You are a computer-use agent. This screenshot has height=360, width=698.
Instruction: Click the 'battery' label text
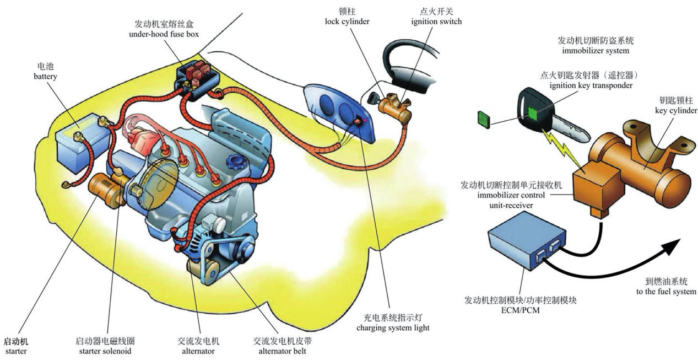coord(45,77)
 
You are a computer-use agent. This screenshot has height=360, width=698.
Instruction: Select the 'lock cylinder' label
coord(347,22)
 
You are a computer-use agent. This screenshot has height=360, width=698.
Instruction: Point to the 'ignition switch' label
coord(436,22)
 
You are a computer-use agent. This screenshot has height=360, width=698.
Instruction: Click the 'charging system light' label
coord(393,327)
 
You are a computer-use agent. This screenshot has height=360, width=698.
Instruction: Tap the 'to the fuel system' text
coord(666,291)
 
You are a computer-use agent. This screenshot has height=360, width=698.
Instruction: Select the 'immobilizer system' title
coord(595,51)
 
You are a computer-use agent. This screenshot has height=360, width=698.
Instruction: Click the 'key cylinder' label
coord(676,110)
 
